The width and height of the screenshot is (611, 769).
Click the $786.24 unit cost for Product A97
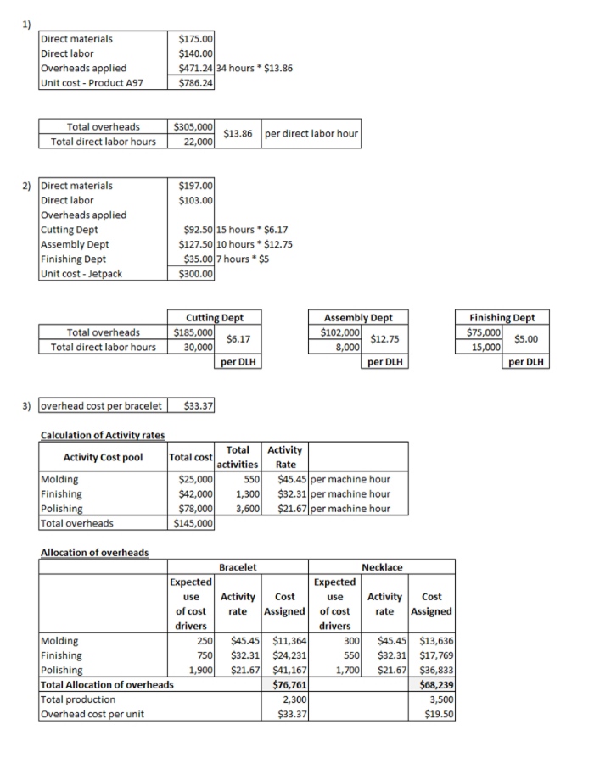(197, 83)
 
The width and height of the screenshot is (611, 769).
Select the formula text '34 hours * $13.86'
(255, 68)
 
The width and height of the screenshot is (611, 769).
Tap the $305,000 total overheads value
(192, 126)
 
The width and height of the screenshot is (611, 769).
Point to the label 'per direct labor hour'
(311, 133)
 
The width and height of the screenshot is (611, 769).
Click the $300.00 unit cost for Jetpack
(197, 273)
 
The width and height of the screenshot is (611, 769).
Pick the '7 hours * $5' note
(243, 259)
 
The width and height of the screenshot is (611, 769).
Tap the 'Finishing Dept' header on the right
(503, 317)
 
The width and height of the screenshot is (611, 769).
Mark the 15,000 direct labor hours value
(488, 346)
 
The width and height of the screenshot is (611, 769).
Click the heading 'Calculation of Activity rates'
(103, 435)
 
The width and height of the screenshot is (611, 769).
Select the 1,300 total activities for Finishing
(247, 493)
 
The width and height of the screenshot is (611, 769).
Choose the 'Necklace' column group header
(382, 566)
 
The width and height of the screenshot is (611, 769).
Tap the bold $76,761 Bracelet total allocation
(289, 684)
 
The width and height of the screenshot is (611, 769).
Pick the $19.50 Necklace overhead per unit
(438, 714)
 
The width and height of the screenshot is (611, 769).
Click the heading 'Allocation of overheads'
(94, 553)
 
